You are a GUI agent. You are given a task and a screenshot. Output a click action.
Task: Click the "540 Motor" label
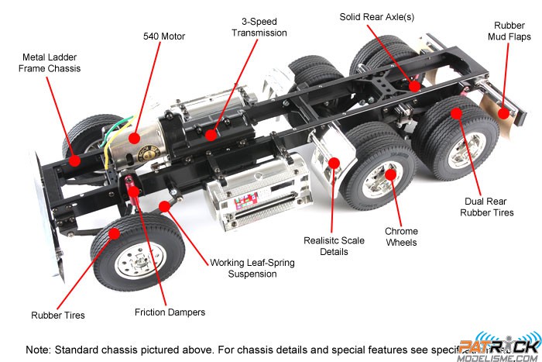tap(164, 36)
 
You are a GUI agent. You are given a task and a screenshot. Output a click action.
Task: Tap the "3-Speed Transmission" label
tap(253, 27)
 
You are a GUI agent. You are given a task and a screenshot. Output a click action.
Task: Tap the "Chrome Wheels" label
tap(401, 236)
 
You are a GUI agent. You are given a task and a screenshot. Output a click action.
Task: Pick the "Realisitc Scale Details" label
tap(334, 246)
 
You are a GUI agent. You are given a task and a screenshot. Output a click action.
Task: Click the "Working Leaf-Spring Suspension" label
tap(252, 268)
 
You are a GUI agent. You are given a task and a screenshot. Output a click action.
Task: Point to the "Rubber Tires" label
tap(58, 315)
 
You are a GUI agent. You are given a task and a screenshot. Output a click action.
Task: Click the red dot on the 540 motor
tap(135, 138)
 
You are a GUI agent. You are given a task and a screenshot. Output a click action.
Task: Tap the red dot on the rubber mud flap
tap(503, 113)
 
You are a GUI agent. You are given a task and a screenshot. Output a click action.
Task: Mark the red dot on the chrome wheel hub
tap(391, 174)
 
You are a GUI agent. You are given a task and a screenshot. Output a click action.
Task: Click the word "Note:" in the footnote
tap(38, 349)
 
